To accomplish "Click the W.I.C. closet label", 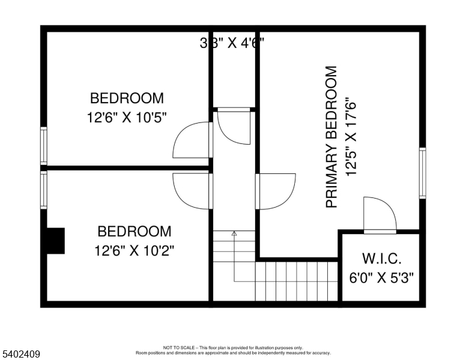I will pyautogui.click(x=381, y=259).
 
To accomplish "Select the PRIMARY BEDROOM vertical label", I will pyautogui.click(x=331, y=137).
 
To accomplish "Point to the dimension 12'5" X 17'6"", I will pyautogui.click(x=351, y=137).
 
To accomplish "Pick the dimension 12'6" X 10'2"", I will pyautogui.click(x=134, y=249).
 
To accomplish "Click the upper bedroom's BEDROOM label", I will pyautogui.click(x=126, y=98).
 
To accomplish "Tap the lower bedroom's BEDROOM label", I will pyautogui.click(x=134, y=231).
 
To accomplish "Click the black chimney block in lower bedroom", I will pyautogui.click(x=56, y=241).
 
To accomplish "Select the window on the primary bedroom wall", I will pyautogui.click(x=423, y=173).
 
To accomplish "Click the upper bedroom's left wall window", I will pyautogui.click(x=43, y=145).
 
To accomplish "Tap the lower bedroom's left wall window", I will pyautogui.click(x=43, y=190).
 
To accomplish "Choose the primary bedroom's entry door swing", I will pyautogui.click(x=276, y=191).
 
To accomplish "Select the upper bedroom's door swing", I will pyautogui.click(x=191, y=140).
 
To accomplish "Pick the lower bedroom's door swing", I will pyautogui.click(x=191, y=191).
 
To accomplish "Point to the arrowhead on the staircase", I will pyautogui.click(x=234, y=233).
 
